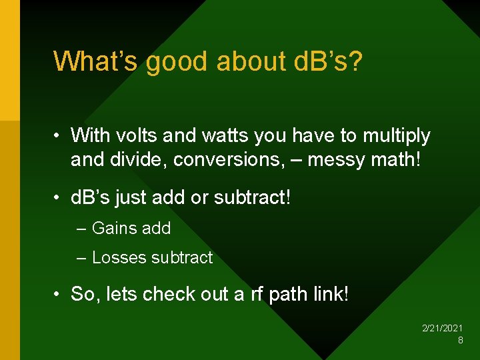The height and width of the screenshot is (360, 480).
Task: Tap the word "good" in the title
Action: pos(177,61)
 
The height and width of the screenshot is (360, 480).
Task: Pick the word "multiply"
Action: pos(397,136)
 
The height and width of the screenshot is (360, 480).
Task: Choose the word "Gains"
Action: pos(112,228)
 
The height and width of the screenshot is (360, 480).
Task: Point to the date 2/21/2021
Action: pos(443,329)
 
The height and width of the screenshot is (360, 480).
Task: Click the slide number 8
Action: pos(461,341)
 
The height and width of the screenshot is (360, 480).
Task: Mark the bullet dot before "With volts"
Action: pos(58,137)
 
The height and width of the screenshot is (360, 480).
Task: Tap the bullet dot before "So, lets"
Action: pos(58,295)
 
